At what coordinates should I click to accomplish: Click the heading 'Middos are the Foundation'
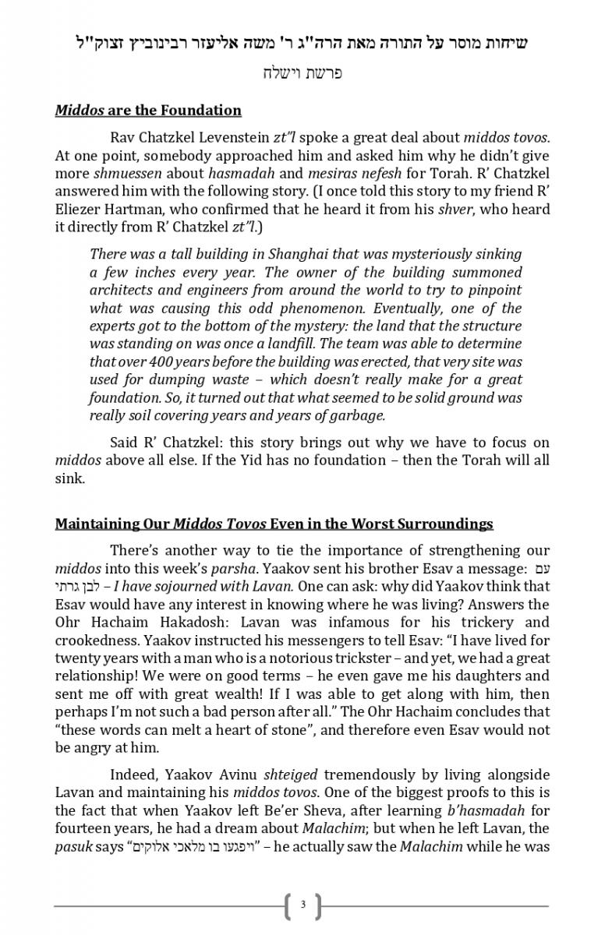click(148, 111)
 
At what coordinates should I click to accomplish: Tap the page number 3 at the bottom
click(302, 905)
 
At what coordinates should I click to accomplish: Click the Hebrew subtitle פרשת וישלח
click(302, 74)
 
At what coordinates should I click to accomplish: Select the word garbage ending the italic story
click(359, 416)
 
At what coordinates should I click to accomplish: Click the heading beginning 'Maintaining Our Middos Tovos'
click(274, 524)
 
